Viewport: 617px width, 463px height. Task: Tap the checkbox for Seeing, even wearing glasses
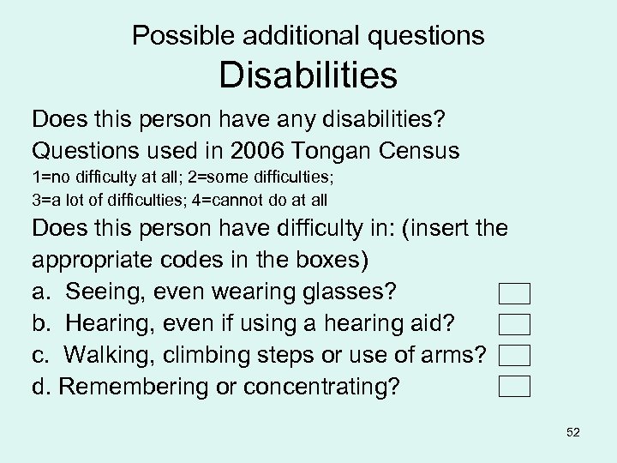514,294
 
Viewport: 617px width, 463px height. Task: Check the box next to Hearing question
514,324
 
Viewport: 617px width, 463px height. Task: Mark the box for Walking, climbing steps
514,355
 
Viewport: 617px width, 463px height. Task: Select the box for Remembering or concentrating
514,386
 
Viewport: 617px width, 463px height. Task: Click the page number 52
573,432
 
